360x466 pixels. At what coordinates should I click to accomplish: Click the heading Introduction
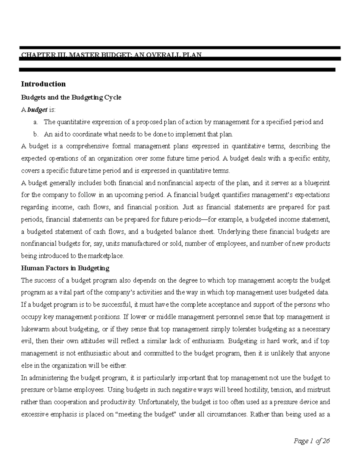[x=43, y=84]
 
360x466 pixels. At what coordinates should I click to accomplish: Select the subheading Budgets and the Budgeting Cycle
[x=71, y=98]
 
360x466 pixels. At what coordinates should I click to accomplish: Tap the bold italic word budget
[x=37, y=110]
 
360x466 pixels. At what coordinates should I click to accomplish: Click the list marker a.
[x=36, y=122]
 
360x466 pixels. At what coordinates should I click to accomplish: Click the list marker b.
[x=36, y=134]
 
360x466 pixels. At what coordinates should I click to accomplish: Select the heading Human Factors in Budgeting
[x=65, y=268]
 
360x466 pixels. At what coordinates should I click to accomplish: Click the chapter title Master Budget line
[x=111, y=55]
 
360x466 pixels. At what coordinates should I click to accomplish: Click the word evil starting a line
[x=26, y=341]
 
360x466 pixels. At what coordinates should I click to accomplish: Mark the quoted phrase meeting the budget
[x=147, y=414]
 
